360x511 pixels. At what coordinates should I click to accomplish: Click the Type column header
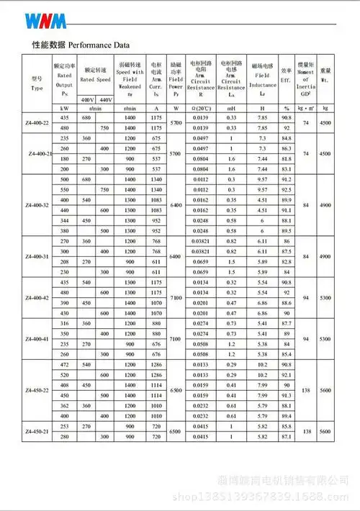[x=37, y=83]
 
